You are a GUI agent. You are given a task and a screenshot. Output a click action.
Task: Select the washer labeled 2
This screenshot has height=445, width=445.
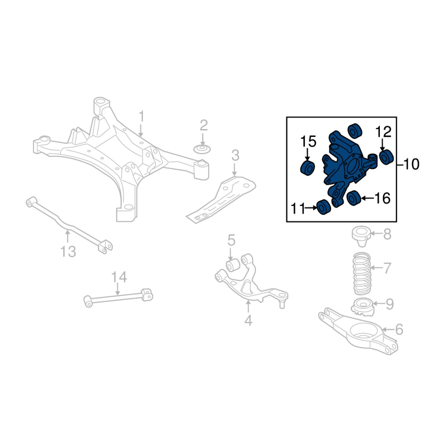[202, 149]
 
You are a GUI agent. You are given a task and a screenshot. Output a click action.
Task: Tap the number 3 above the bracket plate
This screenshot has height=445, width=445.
[235, 156]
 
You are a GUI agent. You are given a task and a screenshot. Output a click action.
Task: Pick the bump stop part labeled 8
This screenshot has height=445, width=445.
[361, 236]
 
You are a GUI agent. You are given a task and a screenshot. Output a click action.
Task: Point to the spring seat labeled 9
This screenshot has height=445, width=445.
[363, 308]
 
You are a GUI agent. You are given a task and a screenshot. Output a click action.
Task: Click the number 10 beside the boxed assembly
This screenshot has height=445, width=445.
[411, 164]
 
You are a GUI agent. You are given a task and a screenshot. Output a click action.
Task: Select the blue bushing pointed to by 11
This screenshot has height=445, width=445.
[324, 207]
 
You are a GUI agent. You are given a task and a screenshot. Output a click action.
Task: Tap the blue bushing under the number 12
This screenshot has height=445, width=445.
[386, 157]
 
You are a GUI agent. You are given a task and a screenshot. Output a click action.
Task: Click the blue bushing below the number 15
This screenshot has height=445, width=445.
[308, 168]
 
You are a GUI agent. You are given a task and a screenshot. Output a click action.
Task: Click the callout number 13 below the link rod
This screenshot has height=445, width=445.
[68, 251]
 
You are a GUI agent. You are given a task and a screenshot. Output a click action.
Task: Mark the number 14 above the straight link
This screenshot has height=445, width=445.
[119, 276]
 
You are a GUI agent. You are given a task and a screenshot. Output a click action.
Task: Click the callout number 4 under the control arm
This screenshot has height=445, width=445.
[248, 320]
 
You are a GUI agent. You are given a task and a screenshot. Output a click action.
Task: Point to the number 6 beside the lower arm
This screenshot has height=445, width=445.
[399, 330]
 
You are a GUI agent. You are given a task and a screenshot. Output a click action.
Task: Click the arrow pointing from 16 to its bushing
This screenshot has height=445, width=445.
[367, 199]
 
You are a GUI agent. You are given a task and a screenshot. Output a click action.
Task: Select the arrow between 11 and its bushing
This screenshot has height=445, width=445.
[310, 208]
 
